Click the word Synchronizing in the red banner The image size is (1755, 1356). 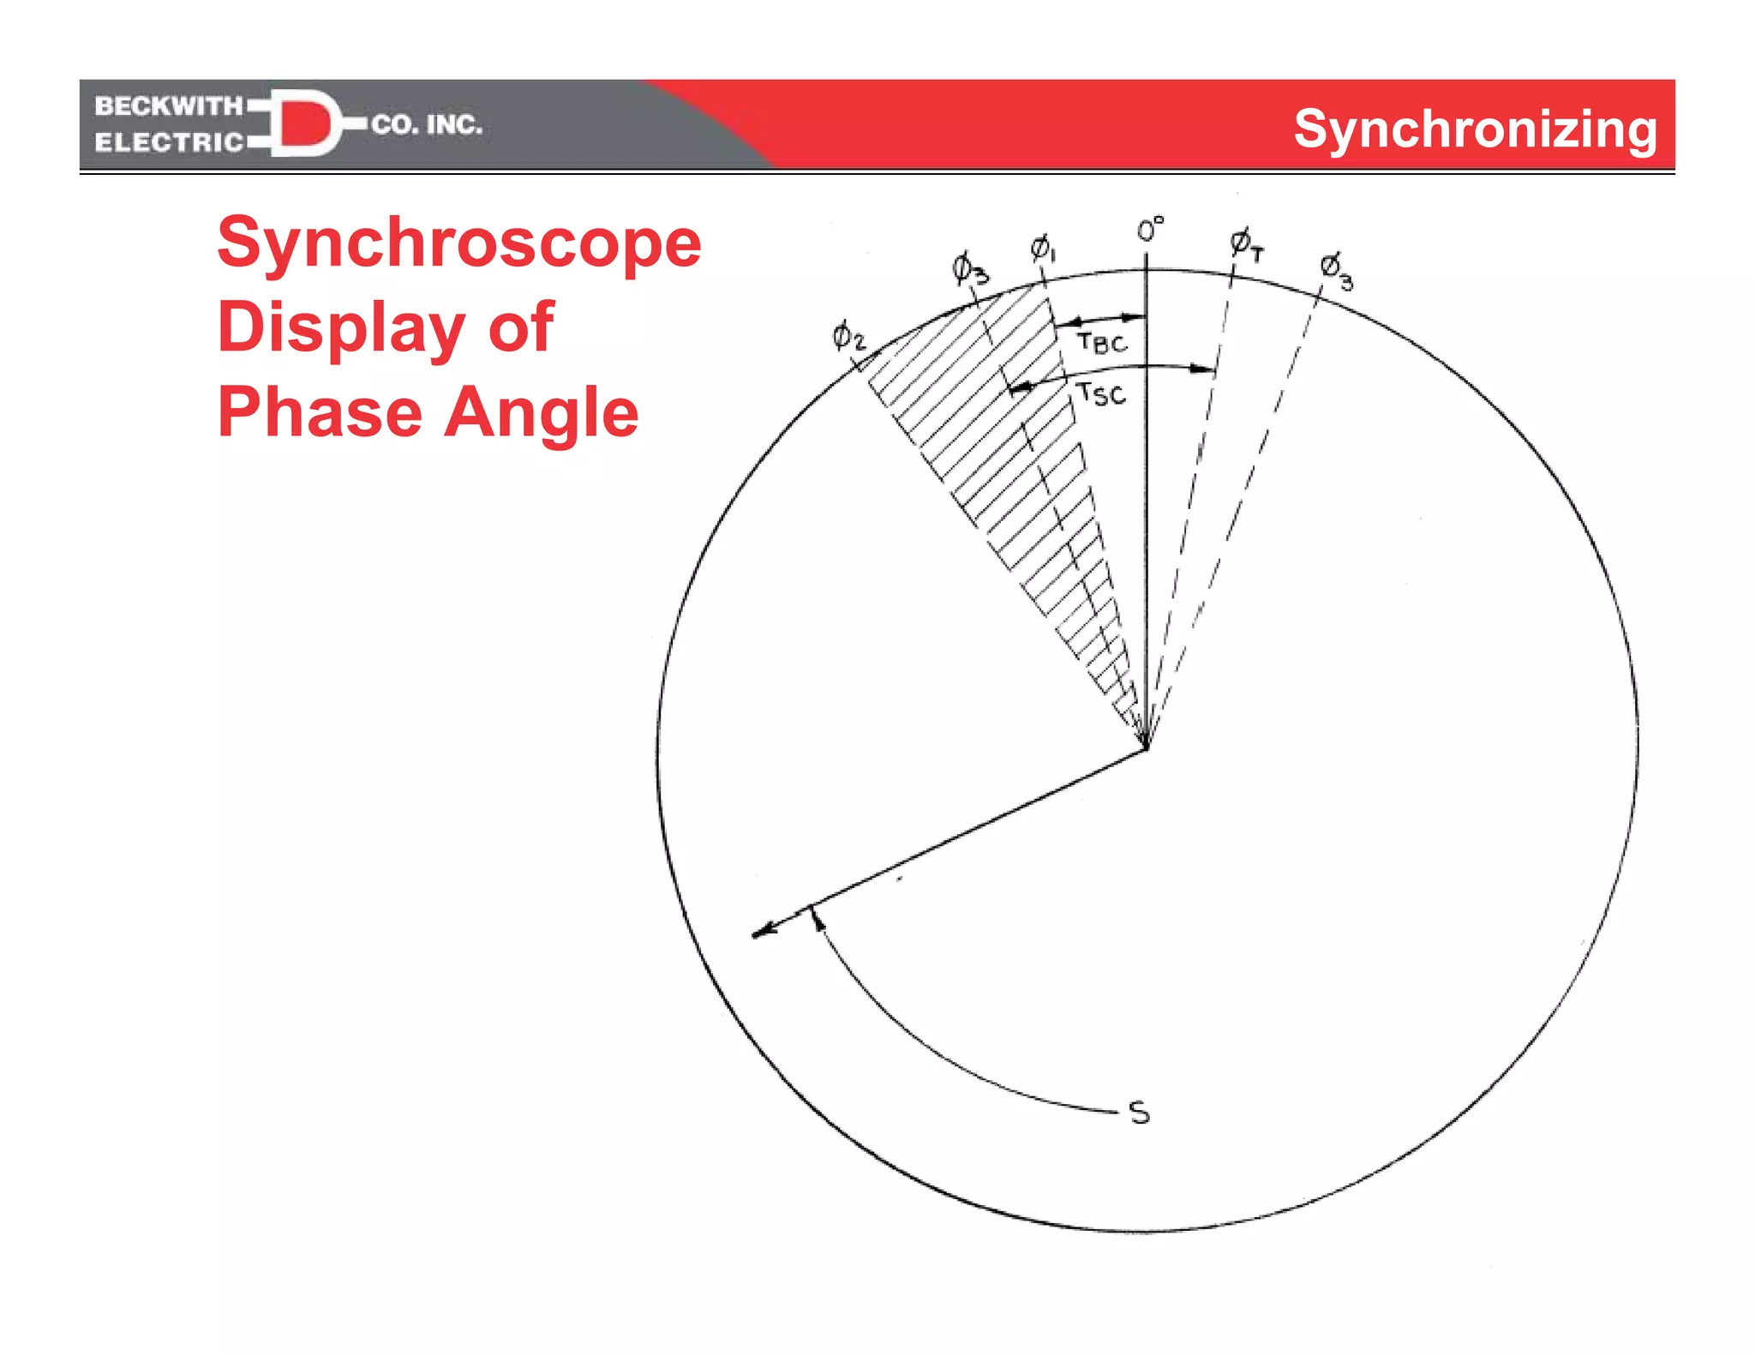coord(1475,129)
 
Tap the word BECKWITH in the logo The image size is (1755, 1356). coord(169,106)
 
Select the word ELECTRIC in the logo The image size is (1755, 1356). coord(169,142)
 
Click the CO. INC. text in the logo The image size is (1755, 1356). coord(427,125)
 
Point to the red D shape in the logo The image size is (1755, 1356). coord(304,124)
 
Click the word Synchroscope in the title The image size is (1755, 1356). coord(459,243)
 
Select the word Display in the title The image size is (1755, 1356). coord(341,328)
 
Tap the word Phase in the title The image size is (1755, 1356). coord(320,412)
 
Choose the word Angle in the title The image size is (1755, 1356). coord(542,412)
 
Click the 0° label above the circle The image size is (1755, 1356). coord(1150,230)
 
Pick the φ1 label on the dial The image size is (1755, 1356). coord(1042,249)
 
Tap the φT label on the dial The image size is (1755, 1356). coord(1247,244)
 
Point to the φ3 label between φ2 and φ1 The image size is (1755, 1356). coord(969,268)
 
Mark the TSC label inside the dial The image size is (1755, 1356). coord(1101,393)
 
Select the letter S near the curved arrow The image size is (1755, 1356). coord(1139,1113)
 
